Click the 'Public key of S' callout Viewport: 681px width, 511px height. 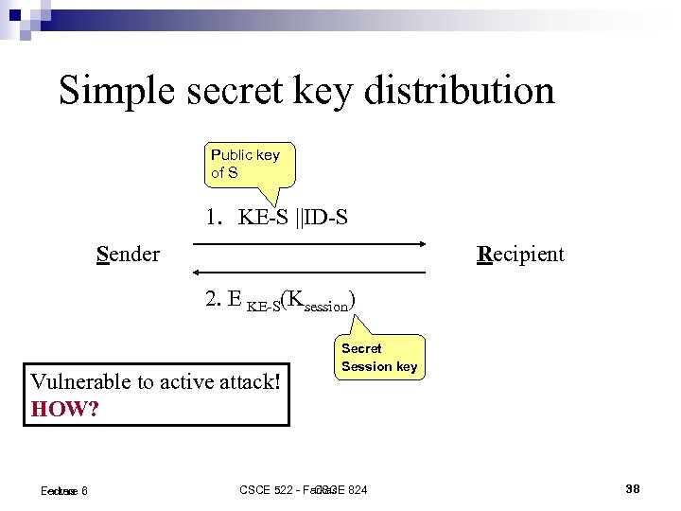[x=245, y=164]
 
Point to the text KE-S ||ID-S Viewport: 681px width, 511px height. [x=293, y=218]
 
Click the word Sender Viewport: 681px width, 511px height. [x=128, y=254]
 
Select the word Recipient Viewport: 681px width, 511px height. [x=520, y=254]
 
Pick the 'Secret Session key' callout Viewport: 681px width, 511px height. [x=378, y=357]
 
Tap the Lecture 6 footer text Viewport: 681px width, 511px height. [x=64, y=490]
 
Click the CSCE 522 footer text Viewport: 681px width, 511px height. [x=274, y=489]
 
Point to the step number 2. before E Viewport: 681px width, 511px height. [x=213, y=300]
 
